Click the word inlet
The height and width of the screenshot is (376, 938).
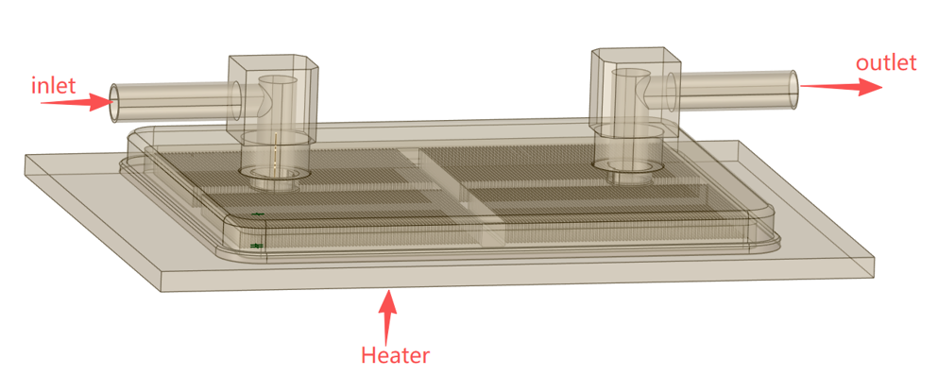coord(54,86)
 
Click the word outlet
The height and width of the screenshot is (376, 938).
coord(886,62)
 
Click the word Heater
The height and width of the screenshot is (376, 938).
coord(396,355)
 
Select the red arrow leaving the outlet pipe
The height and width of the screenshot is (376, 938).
coord(841,86)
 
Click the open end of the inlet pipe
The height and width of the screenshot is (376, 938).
coord(114,104)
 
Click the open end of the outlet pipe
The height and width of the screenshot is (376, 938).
coord(793,90)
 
